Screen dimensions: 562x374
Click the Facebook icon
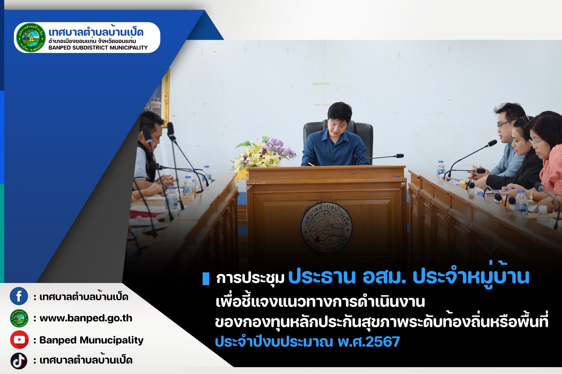point(19,296)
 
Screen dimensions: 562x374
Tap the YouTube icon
point(19,340)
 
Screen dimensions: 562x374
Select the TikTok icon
point(19,361)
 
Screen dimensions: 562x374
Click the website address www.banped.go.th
point(86,318)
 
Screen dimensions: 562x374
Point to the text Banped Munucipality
point(91,340)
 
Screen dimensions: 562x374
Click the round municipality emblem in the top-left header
point(31,38)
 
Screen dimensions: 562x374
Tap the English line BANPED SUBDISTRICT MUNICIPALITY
point(98,48)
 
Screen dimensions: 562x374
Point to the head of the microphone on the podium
point(400,156)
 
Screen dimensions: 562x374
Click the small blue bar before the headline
point(206,279)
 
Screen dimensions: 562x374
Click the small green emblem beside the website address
point(19,318)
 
